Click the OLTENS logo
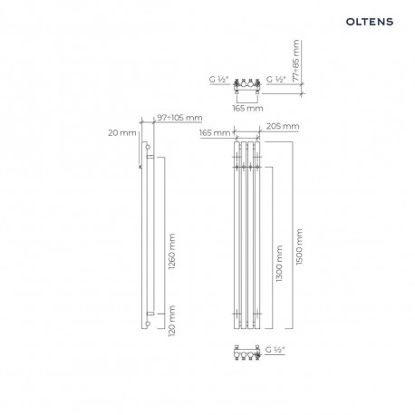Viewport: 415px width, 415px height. pos(370,22)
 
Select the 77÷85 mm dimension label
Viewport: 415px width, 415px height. pos(296,61)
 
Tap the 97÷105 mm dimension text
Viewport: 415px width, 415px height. pos(179,118)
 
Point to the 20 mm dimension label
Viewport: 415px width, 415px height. pos(122,132)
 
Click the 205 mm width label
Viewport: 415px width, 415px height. pos(283,126)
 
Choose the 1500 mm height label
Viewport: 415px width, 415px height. pos(299,246)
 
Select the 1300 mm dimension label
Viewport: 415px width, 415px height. pos(279,264)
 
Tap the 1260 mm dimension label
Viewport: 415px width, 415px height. pos(172,251)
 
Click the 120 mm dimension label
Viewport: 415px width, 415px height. pos(172,321)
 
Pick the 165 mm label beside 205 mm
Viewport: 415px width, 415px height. pos(215,132)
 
